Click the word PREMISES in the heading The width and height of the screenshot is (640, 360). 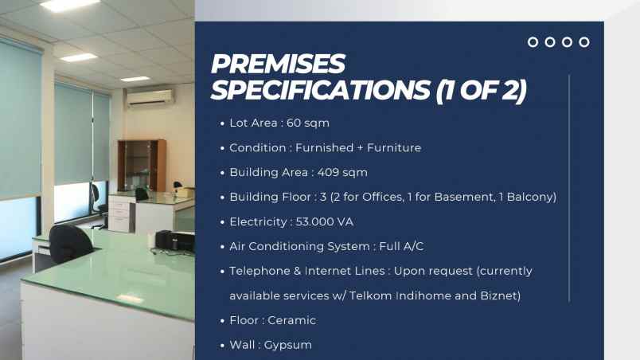coord(278,64)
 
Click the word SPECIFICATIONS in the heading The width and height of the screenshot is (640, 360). coord(321,90)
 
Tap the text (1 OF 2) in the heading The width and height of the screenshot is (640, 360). coord(482,90)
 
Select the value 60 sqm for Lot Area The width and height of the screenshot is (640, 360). coord(308,123)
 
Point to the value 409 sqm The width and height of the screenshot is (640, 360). coord(342,172)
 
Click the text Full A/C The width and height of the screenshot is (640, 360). coord(401,246)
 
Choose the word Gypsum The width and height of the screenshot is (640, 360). coord(287,346)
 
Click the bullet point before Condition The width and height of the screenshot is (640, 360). coord(222,148)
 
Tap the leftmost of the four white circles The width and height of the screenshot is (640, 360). coord(533,42)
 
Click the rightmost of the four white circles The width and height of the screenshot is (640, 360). coord(584,42)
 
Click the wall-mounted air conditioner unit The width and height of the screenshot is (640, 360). coord(150,99)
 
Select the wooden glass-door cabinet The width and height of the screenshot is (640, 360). coord(142,166)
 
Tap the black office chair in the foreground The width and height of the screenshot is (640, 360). coord(71,244)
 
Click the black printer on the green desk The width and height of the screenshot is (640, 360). coord(174,241)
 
